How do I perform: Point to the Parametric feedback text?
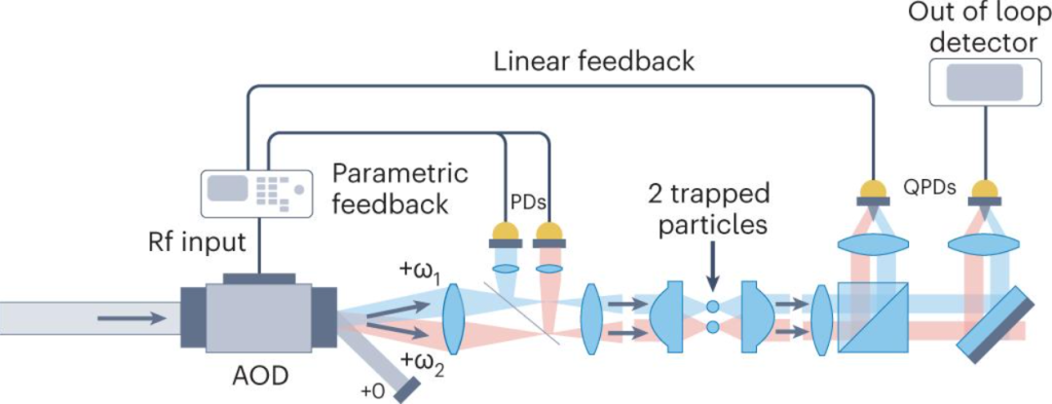pyautogui.click(x=400, y=189)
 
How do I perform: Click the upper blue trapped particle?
pyautogui.click(x=712, y=308)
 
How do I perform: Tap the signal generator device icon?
pyautogui.click(x=257, y=194)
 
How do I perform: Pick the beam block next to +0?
pyautogui.click(x=406, y=390)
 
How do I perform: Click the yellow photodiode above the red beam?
pyautogui.click(x=548, y=234)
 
